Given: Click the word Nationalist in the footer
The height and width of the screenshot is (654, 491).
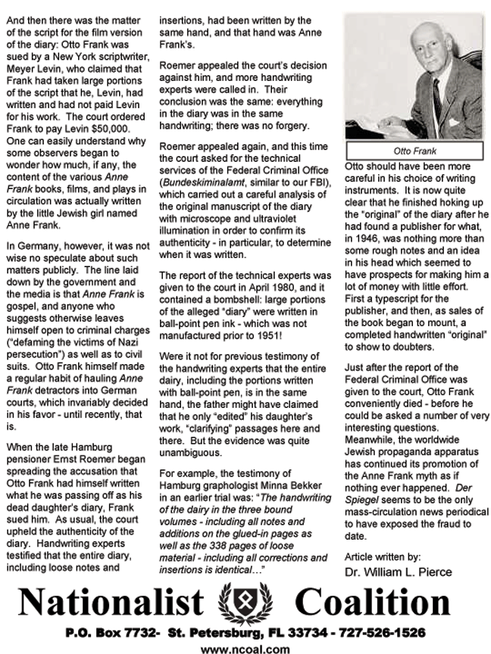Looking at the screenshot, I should [110, 603].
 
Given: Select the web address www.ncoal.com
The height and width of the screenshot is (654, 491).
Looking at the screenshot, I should [245, 647].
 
